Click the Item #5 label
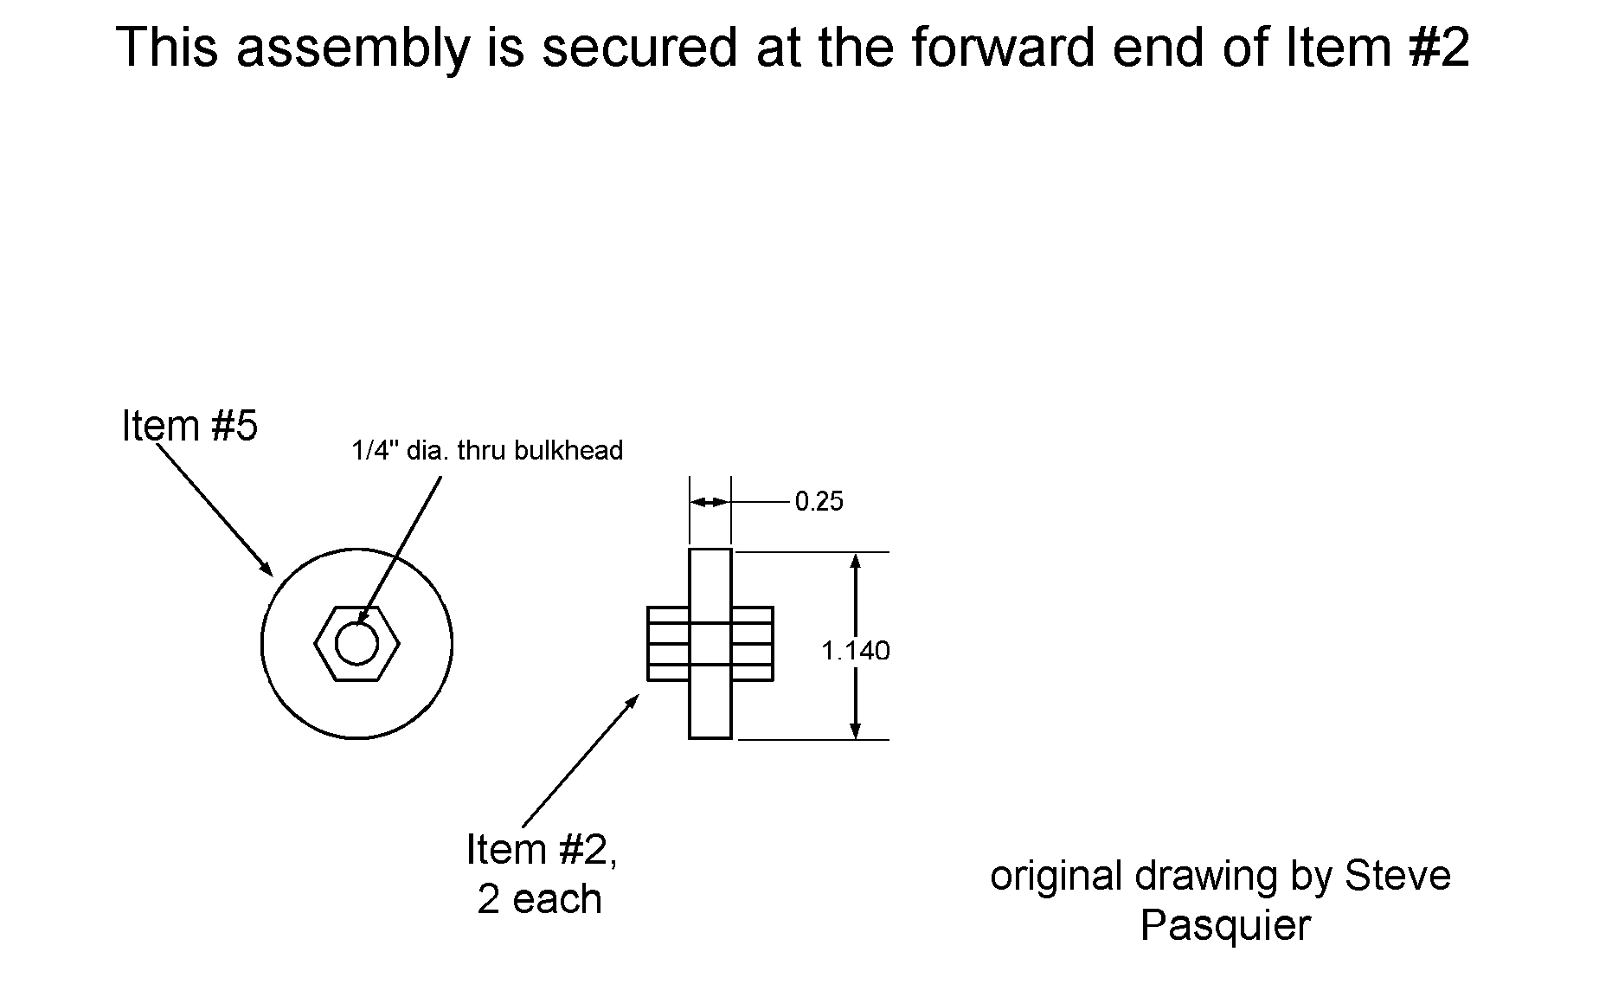189,426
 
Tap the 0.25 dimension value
819,502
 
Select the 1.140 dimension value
855,650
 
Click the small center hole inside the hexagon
356,644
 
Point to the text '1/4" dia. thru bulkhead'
487,451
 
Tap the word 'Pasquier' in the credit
1225,925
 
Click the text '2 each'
539,899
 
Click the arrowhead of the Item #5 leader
266,569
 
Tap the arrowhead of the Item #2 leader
633,700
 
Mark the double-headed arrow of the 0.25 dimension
710,502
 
